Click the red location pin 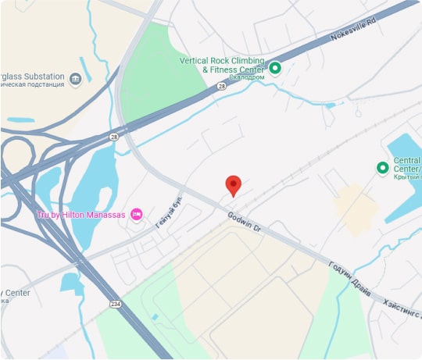point(233,184)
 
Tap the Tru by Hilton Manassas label point(81,214)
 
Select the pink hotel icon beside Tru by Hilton point(137,213)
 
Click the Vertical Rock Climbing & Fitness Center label point(222,65)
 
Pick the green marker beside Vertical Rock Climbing point(275,68)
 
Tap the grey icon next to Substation point(75,79)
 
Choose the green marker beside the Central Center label point(382,167)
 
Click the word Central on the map point(407,161)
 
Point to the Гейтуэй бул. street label point(167,211)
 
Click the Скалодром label point(248,77)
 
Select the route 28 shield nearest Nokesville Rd point(222,87)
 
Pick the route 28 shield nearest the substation point(114,136)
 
